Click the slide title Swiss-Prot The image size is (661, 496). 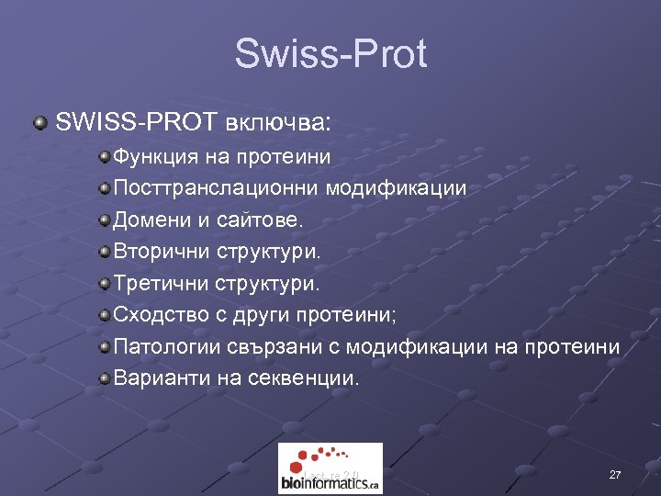coord(330,54)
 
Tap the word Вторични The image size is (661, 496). coord(162,252)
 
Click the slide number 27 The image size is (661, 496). coord(615,475)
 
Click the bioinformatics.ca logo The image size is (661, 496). coord(330,468)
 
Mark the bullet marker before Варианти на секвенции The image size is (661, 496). coord(106,378)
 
